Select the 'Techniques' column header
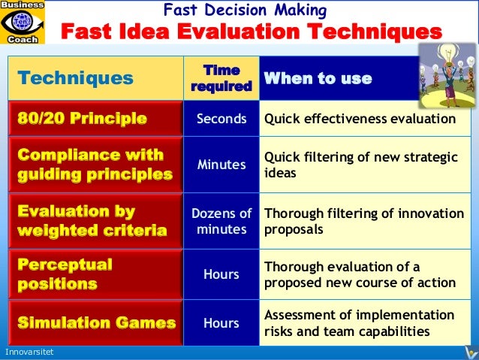pyautogui.click(x=75, y=78)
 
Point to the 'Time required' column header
pyautogui.click(x=221, y=78)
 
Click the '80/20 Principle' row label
pyautogui.click(x=83, y=119)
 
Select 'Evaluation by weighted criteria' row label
pyautogui.click(x=91, y=221)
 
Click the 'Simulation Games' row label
pyautogui.click(x=96, y=323)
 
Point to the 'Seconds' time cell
pyautogui.click(x=221, y=119)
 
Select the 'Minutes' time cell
pyautogui.click(x=221, y=165)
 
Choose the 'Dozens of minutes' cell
pyautogui.click(x=221, y=221)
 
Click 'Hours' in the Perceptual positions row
pyautogui.click(x=221, y=275)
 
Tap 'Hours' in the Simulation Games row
pyautogui.click(x=221, y=323)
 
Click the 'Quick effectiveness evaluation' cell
pyautogui.click(x=358, y=119)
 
